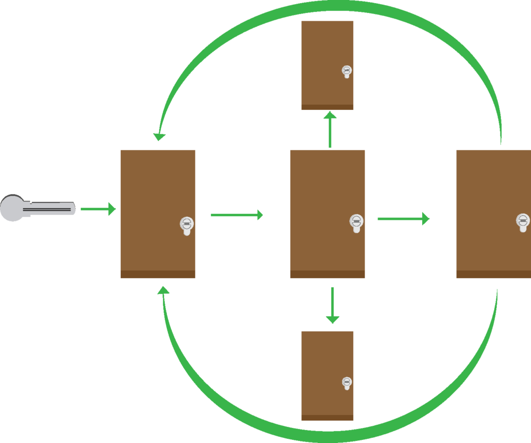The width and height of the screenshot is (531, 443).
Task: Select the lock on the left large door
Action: [x=186, y=225]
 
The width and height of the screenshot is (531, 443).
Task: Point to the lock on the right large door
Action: [x=523, y=221]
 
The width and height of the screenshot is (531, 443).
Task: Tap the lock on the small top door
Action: [x=347, y=71]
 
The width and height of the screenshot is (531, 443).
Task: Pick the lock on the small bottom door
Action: [x=347, y=383]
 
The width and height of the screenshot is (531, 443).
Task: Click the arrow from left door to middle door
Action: [x=236, y=215]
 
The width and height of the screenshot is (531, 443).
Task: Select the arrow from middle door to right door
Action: [x=403, y=219]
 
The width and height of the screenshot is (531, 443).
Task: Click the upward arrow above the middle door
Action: [x=330, y=130]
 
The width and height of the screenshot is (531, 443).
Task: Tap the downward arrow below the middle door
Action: [x=332, y=306]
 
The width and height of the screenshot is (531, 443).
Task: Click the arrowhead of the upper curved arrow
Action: [x=159, y=137]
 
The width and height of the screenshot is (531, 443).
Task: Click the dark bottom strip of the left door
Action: [x=158, y=274]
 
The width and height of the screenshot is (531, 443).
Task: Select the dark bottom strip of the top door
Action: [x=327, y=107]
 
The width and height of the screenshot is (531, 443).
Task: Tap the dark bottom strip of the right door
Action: [x=493, y=274]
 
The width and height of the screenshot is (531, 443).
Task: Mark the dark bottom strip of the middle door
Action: [x=327, y=274]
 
